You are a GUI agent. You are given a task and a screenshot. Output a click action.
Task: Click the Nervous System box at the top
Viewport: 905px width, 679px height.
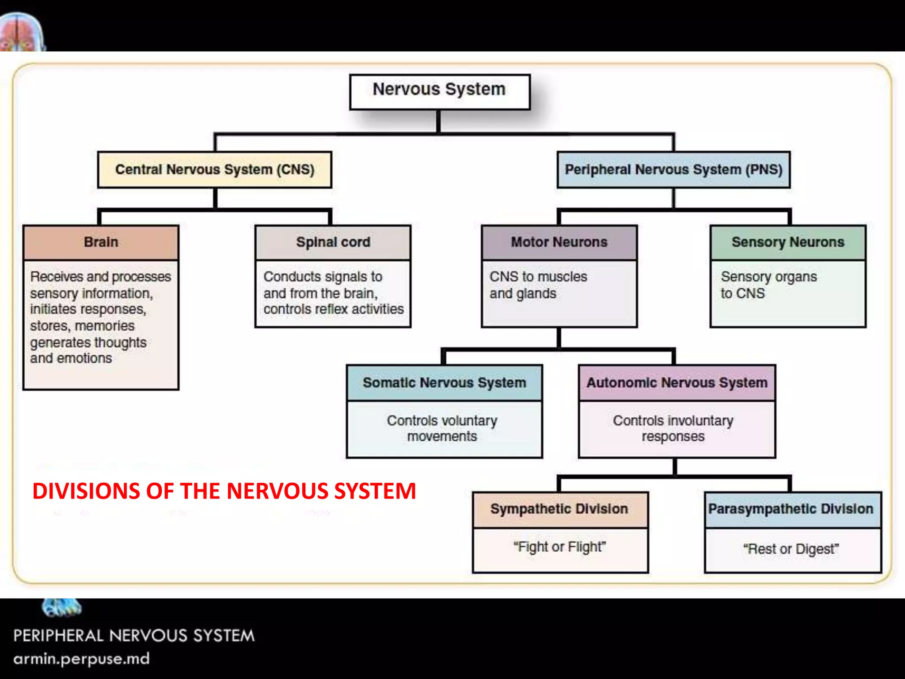point(439,91)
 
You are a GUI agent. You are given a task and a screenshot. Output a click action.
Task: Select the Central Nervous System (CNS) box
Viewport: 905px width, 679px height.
point(215,170)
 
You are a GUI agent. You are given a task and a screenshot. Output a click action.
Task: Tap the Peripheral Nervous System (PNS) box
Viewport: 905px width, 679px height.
point(673,170)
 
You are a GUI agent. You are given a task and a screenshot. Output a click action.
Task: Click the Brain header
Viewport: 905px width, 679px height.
point(101,242)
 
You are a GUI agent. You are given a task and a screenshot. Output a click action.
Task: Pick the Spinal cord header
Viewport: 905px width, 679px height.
point(333,242)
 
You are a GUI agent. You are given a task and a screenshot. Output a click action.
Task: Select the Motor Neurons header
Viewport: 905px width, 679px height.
point(559,242)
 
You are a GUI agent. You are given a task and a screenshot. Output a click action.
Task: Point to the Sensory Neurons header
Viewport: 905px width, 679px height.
point(788,242)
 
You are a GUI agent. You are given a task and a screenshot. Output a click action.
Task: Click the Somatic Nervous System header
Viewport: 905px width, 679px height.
point(445,383)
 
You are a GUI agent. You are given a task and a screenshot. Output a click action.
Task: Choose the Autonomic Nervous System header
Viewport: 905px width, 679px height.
point(677,383)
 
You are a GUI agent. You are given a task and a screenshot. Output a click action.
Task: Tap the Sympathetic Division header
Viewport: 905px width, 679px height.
point(559,509)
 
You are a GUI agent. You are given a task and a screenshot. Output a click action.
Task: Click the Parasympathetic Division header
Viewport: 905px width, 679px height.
point(791,509)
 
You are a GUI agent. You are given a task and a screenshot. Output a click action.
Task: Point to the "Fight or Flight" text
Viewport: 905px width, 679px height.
point(559,547)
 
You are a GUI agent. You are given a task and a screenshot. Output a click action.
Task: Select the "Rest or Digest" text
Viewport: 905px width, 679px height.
point(791,549)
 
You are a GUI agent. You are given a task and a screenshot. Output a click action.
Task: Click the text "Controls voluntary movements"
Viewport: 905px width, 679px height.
point(442,428)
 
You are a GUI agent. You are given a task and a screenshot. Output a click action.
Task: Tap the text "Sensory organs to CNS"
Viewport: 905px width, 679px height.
point(769,285)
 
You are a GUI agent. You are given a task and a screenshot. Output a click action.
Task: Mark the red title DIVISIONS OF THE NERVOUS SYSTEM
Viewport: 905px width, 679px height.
point(224,491)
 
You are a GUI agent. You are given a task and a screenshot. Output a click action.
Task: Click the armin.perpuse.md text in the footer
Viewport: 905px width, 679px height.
point(82,659)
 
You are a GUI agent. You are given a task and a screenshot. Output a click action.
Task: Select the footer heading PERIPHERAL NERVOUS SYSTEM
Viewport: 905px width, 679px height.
point(134,636)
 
